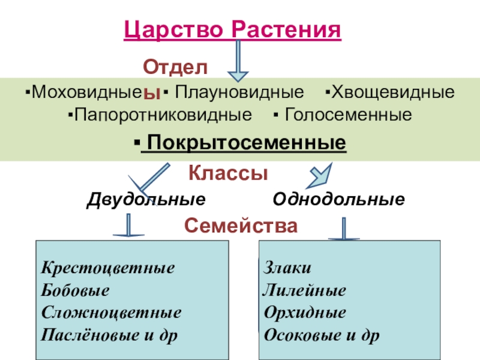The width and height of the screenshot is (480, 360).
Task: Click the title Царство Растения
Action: point(232,30)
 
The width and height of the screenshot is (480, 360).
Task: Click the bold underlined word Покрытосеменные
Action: point(244,143)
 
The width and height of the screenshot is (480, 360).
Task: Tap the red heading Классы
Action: point(228,174)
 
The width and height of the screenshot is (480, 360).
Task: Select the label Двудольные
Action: point(146,199)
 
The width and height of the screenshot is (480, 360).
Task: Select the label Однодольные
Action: point(338,199)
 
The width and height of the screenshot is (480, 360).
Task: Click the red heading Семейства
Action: point(241,226)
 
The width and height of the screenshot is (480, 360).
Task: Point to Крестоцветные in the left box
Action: point(108,268)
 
